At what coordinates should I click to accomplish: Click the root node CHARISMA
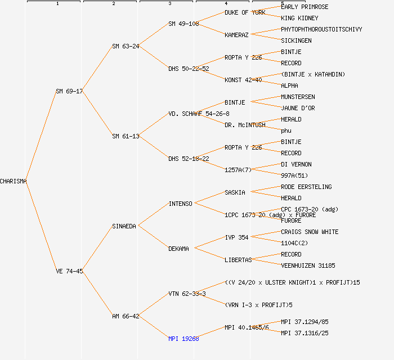click(14, 181)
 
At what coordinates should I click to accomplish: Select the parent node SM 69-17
click(69, 91)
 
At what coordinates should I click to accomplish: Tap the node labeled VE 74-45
click(69, 271)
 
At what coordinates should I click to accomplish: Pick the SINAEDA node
click(124, 226)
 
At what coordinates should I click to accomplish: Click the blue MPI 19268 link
click(183, 339)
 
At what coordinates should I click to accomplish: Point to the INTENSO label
click(180, 204)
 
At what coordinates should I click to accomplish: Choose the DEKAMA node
click(178, 249)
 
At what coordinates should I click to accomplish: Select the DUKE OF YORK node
click(245, 12)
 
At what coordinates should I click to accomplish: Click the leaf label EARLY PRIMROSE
click(305, 7)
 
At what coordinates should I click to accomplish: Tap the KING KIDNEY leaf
click(299, 18)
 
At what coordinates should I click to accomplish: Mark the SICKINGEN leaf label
click(296, 40)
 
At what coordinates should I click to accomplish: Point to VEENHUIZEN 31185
click(308, 265)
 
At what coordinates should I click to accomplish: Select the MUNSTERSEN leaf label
click(298, 97)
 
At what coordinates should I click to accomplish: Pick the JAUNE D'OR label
click(298, 108)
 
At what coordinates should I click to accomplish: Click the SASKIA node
click(235, 192)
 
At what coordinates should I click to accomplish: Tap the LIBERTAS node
click(238, 260)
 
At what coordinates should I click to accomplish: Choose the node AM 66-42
click(126, 316)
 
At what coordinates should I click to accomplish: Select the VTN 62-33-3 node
click(187, 294)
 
